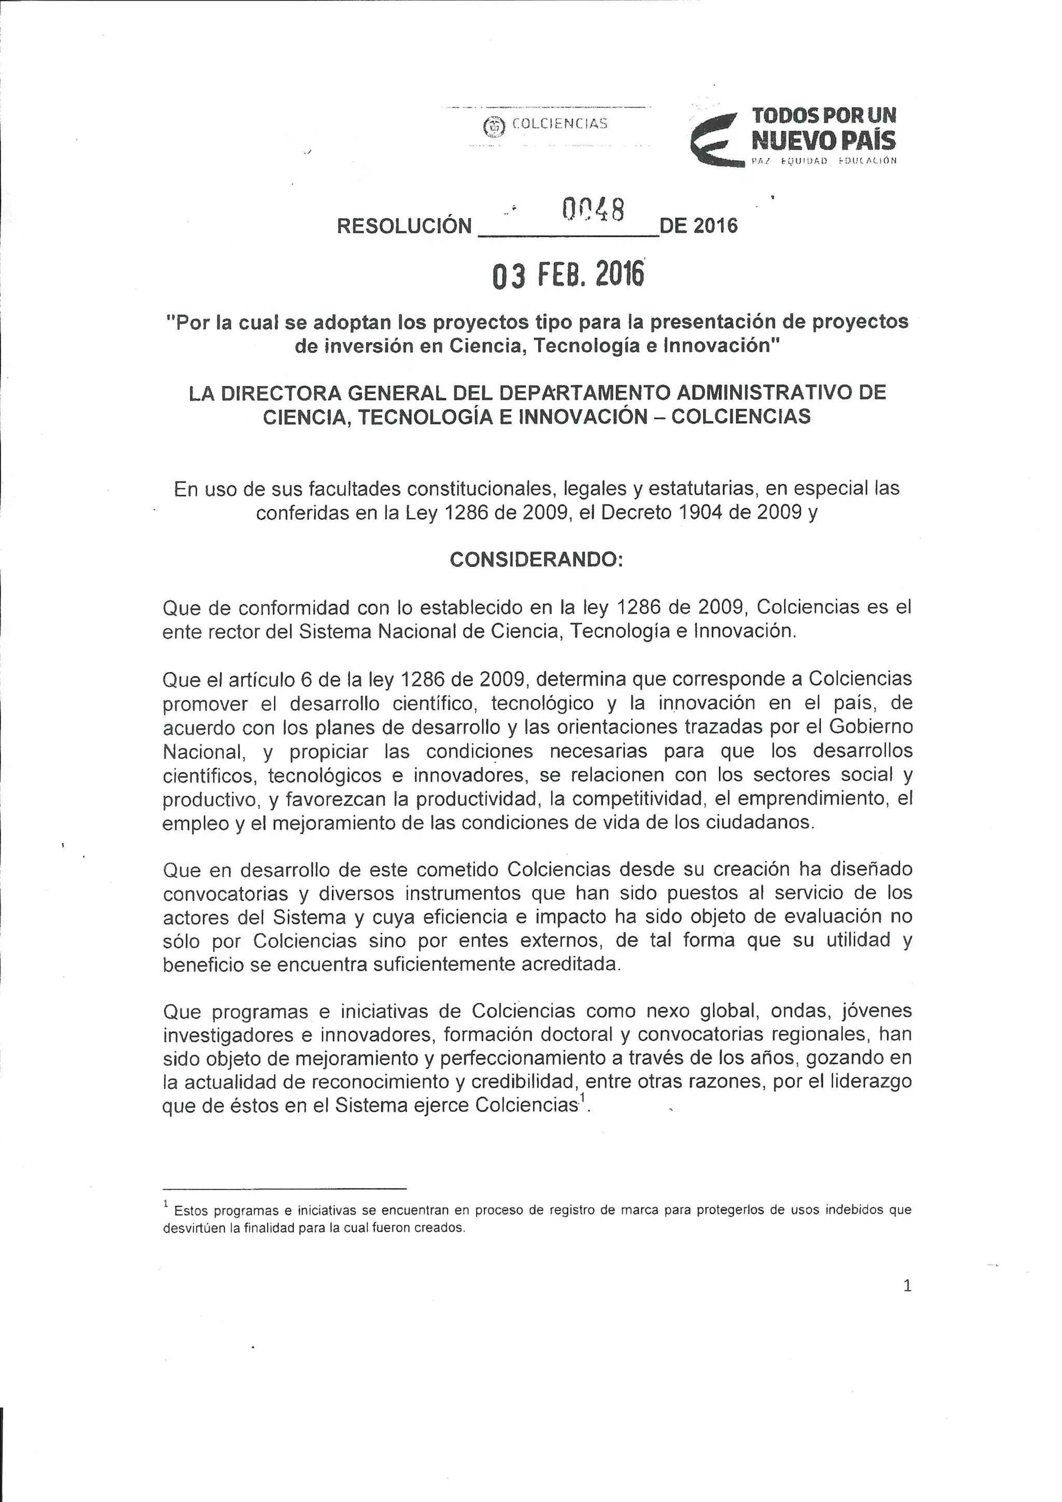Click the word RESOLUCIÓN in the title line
[x=403, y=226]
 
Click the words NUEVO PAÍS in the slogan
[x=823, y=140]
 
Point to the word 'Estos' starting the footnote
[x=191, y=1210]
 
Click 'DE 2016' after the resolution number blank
[x=698, y=226]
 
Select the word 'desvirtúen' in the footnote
[x=192, y=1228]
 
